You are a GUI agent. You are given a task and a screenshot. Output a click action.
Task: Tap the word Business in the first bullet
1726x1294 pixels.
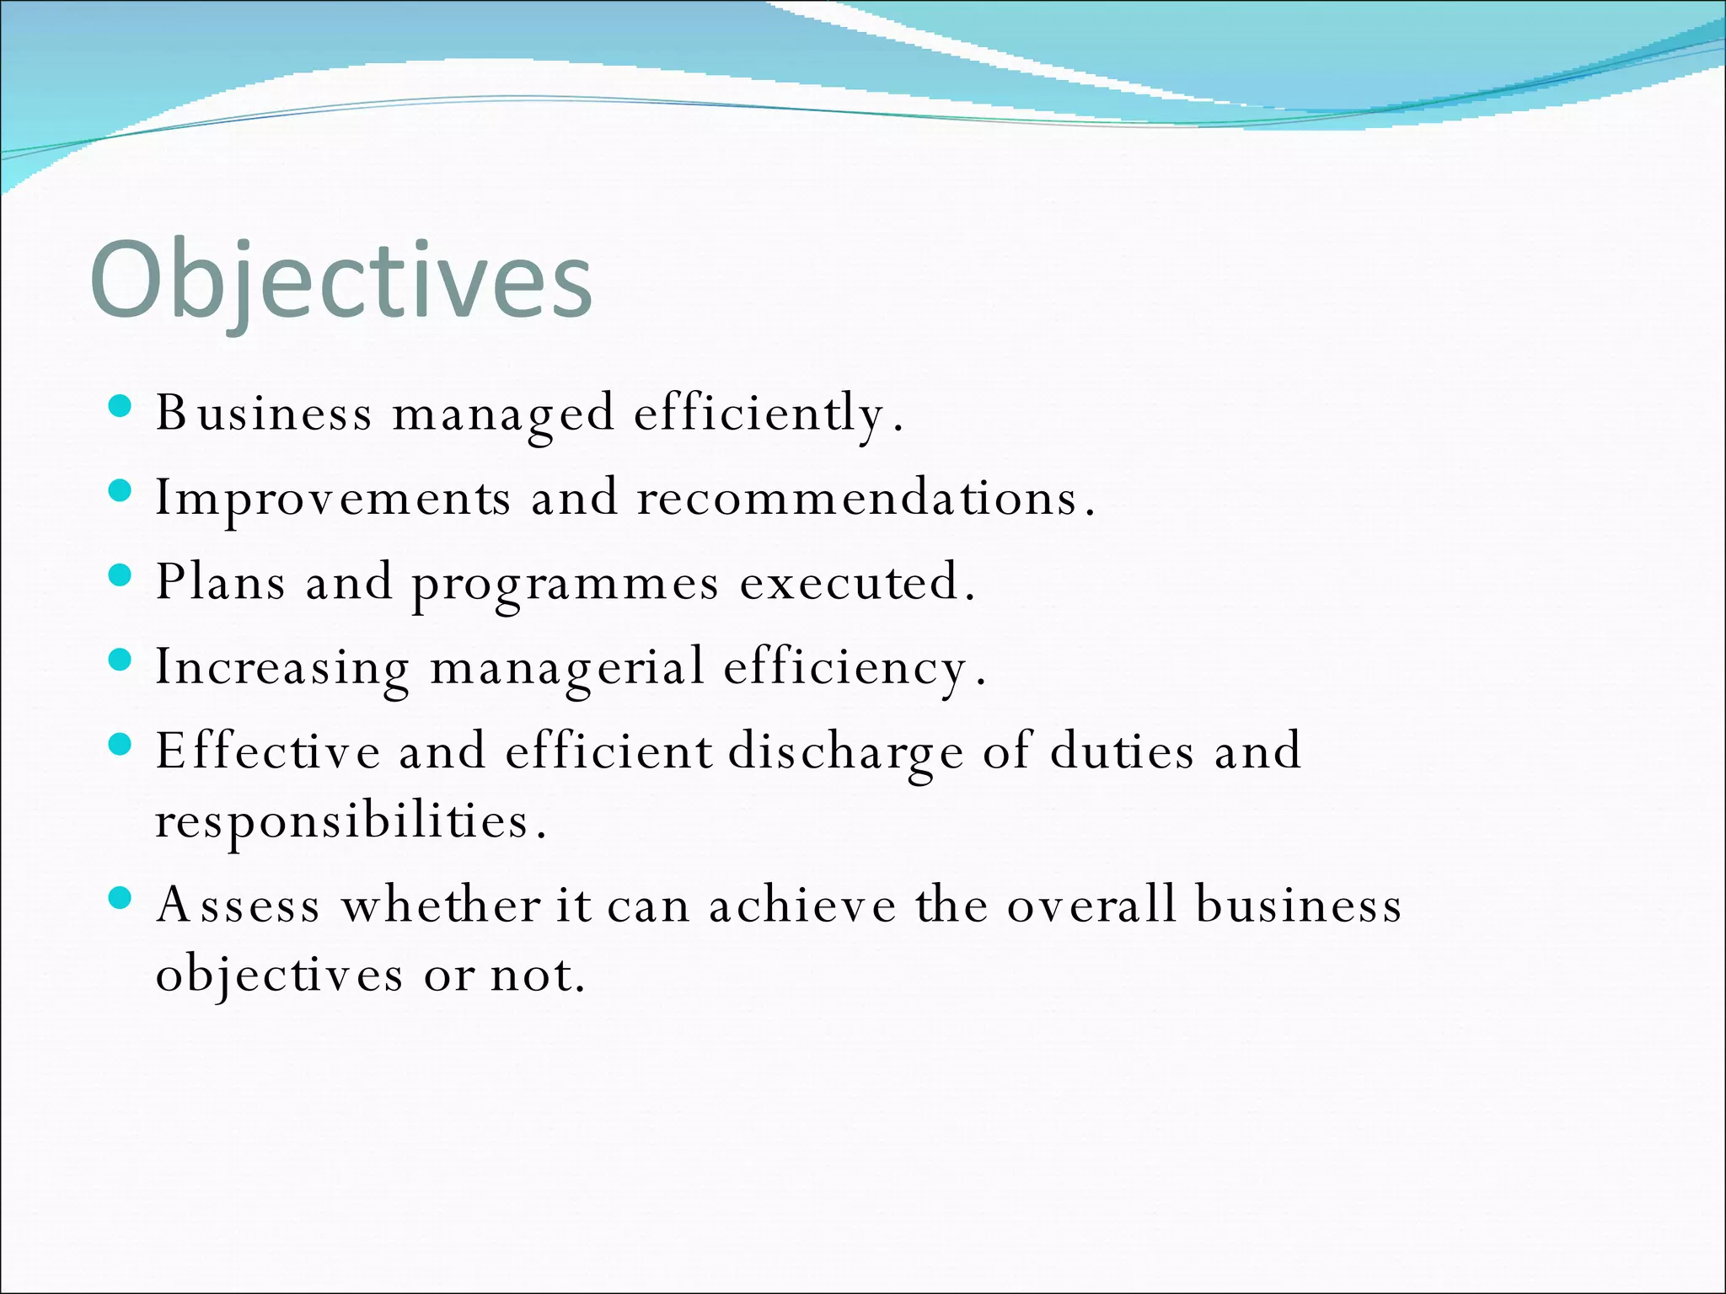263,414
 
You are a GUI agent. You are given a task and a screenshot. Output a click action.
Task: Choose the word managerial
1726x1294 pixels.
567,669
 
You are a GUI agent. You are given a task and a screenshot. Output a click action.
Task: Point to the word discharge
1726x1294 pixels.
845,752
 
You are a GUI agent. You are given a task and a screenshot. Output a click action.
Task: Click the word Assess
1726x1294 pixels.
239,906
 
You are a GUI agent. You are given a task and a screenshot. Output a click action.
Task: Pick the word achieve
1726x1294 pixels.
802,906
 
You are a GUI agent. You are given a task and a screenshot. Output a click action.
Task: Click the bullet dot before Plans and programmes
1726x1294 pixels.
121,576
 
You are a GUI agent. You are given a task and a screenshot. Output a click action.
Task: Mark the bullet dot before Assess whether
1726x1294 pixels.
121,899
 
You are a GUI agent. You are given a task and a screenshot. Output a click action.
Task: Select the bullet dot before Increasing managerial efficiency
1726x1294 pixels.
121,660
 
